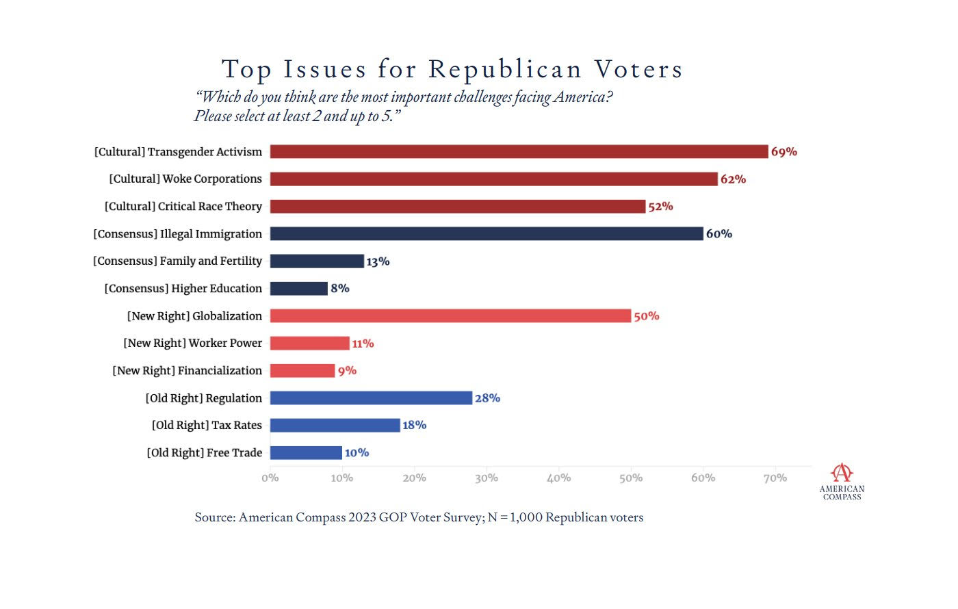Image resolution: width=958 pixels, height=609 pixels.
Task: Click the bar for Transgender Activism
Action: coord(519,152)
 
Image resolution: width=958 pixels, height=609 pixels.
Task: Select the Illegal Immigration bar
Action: coord(487,234)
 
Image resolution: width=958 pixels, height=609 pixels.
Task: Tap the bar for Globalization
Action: coord(450,316)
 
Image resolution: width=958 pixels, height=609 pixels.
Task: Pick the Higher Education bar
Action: coord(299,289)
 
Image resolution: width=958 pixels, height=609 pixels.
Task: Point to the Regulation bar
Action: coord(371,398)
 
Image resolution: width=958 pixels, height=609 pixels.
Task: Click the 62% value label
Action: coord(733,179)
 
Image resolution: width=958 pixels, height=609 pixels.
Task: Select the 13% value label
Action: coord(378,261)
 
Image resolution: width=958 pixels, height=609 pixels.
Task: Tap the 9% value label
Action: coord(347,371)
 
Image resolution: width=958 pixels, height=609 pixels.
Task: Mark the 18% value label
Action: coord(414,426)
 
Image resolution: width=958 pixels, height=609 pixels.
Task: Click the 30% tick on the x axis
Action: coord(487,478)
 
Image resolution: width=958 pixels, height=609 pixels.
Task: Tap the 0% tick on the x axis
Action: coord(270,478)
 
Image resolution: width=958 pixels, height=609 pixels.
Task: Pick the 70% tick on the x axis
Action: coord(775,478)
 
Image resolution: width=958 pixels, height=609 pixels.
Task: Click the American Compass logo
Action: coord(842,482)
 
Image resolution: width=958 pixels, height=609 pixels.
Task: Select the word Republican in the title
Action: coord(505,70)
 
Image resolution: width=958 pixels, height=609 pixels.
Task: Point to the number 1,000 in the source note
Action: coord(526,517)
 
